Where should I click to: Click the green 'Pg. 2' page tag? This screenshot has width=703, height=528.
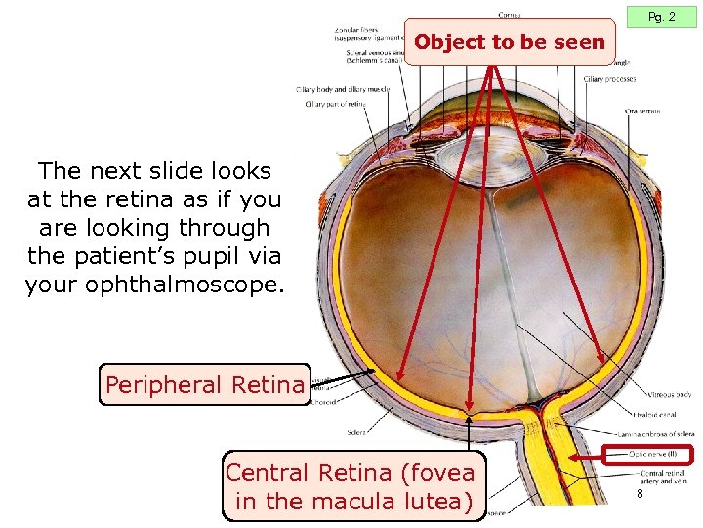661,17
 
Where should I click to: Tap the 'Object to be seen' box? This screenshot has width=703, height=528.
510,43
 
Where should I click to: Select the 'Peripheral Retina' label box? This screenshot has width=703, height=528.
204,385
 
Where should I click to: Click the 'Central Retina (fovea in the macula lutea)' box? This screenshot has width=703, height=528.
351,487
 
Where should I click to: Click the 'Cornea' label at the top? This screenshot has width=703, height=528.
509,14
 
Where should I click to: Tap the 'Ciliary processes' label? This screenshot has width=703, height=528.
609,79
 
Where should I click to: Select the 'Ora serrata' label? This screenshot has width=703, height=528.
642,111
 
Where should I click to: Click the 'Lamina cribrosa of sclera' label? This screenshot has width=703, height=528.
656,433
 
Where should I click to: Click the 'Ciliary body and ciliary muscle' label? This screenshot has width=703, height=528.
343,90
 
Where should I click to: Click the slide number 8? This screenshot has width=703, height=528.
640,495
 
